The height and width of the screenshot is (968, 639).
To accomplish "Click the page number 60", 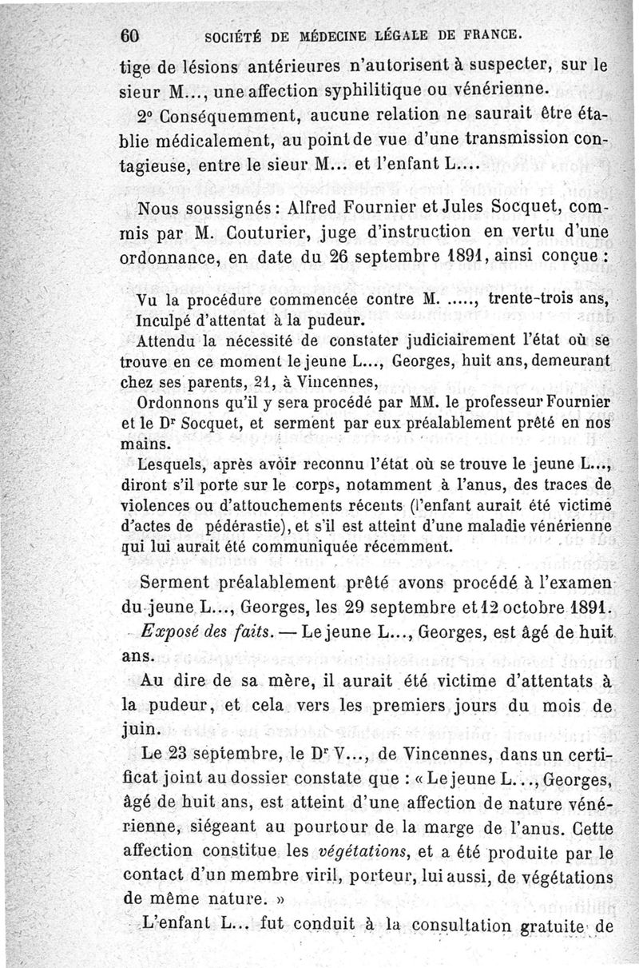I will click(x=130, y=35).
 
